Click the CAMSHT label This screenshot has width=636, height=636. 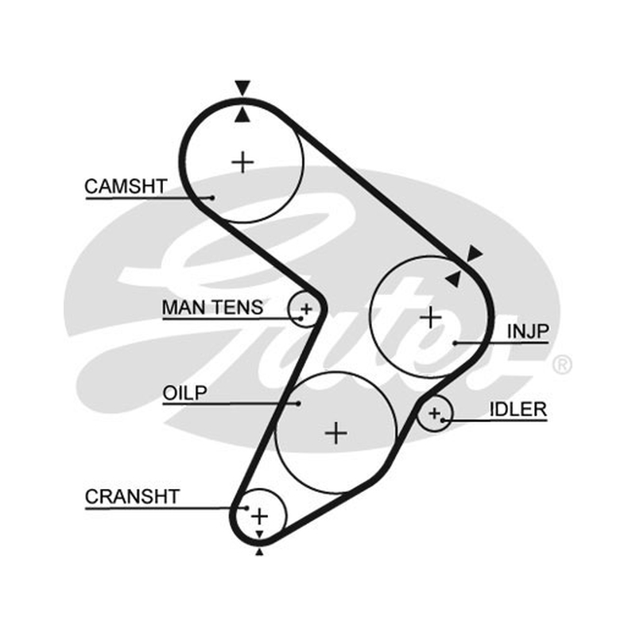tap(126, 187)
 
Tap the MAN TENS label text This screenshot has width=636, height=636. tap(212, 308)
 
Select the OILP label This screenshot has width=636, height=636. tap(185, 393)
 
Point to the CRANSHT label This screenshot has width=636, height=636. tap(132, 496)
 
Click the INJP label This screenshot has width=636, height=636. tap(528, 332)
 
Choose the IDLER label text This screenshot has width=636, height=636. tap(518, 409)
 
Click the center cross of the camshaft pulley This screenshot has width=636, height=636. tap(242, 162)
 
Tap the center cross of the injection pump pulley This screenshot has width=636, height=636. tap(430, 316)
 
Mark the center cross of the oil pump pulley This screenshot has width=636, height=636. tap(336, 433)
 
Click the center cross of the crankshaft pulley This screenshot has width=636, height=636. tap(260, 516)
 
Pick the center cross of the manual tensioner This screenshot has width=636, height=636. tap(306, 309)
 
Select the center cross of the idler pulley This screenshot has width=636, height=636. tap(434, 413)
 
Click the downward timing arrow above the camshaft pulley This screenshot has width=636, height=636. tap(242, 87)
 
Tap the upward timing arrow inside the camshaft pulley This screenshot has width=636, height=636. tap(242, 114)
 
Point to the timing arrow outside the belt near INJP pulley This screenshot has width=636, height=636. tap(475, 253)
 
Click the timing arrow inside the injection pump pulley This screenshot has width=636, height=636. tap(454, 279)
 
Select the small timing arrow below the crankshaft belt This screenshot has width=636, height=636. tap(259, 552)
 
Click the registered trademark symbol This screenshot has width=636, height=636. tap(562, 365)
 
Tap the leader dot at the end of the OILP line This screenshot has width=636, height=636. tap(299, 404)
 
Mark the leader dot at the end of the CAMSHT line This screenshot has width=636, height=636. tap(212, 198)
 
